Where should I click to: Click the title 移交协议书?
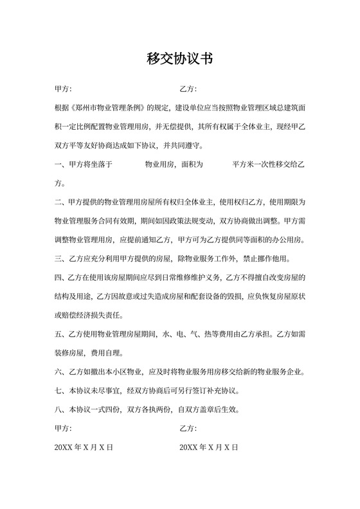point(179,59)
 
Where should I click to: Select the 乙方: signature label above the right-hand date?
point(188,427)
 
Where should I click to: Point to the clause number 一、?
point(60,165)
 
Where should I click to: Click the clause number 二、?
point(60,202)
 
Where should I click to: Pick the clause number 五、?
point(60,335)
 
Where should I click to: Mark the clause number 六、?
point(60,371)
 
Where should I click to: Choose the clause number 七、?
point(60,390)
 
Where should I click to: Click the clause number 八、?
point(60,409)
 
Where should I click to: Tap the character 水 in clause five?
point(166,335)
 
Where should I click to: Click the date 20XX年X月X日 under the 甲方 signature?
point(84,447)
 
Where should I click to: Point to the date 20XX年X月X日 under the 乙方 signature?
point(209,447)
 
